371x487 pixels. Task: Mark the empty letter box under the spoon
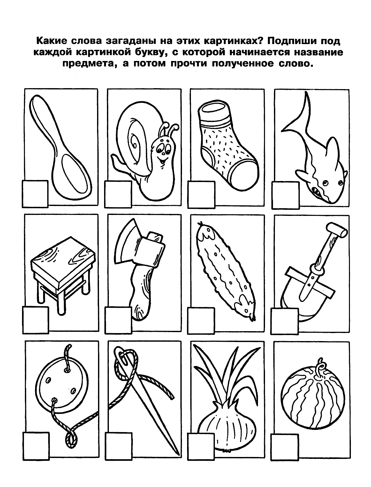pos(35,194)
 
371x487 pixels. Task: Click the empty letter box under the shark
pos(285,195)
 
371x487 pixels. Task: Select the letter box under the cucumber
pos(201,321)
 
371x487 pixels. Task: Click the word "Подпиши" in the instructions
pos(291,41)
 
